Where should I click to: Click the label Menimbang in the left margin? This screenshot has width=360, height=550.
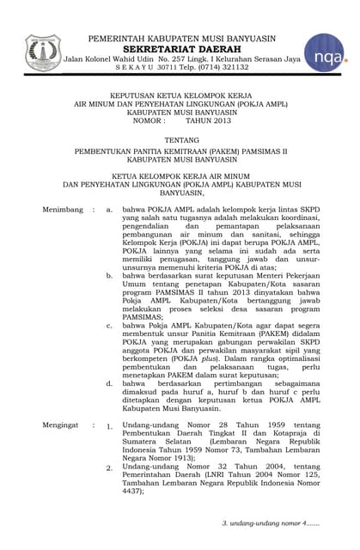coord(62,209)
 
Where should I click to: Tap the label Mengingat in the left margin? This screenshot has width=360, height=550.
coord(61,425)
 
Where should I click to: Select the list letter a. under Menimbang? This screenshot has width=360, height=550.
coord(109,209)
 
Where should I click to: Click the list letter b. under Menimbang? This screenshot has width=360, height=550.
coord(109,275)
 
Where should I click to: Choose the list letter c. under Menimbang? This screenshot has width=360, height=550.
coord(109,327)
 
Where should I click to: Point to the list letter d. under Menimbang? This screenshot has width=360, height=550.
coord(109,382)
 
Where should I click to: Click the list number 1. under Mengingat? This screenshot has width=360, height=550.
coord(109,426)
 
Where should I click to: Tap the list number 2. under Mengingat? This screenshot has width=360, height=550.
coord(109,468)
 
